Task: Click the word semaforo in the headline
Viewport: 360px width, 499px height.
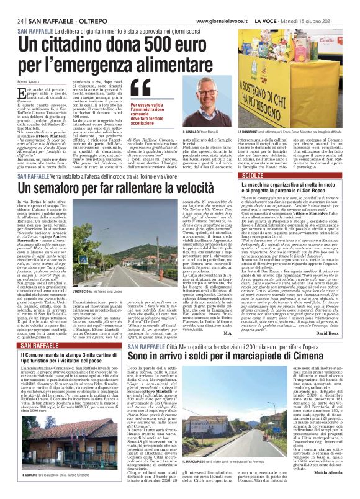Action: coord(61,187)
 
